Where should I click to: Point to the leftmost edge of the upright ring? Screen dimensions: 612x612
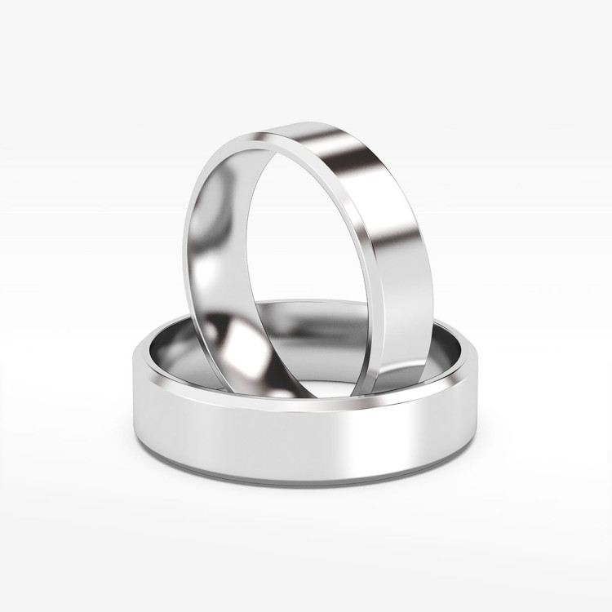pos(180,245)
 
